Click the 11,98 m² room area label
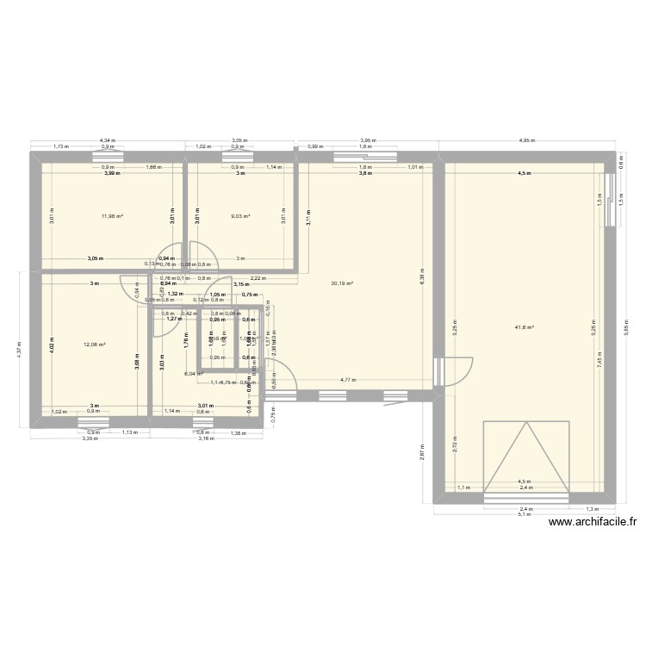pos(113,216)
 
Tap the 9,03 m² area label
pos(240,216)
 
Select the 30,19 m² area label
pos(342,283)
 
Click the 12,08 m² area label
pos(94,345)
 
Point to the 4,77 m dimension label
pos(348,379)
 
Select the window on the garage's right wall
pos(610,200)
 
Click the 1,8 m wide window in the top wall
pos(365,157)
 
